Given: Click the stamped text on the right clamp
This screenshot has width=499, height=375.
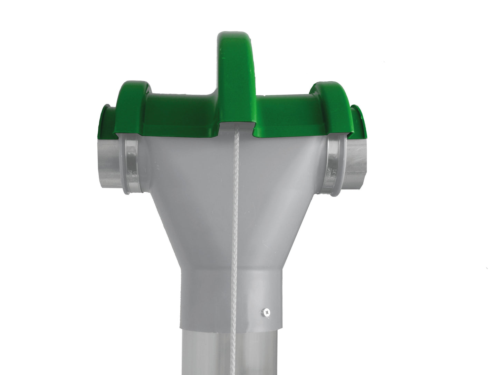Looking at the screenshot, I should (334, 173).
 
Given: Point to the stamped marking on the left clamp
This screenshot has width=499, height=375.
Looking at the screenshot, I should (130, 173).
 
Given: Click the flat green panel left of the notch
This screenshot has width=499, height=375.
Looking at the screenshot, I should (180, 114).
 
